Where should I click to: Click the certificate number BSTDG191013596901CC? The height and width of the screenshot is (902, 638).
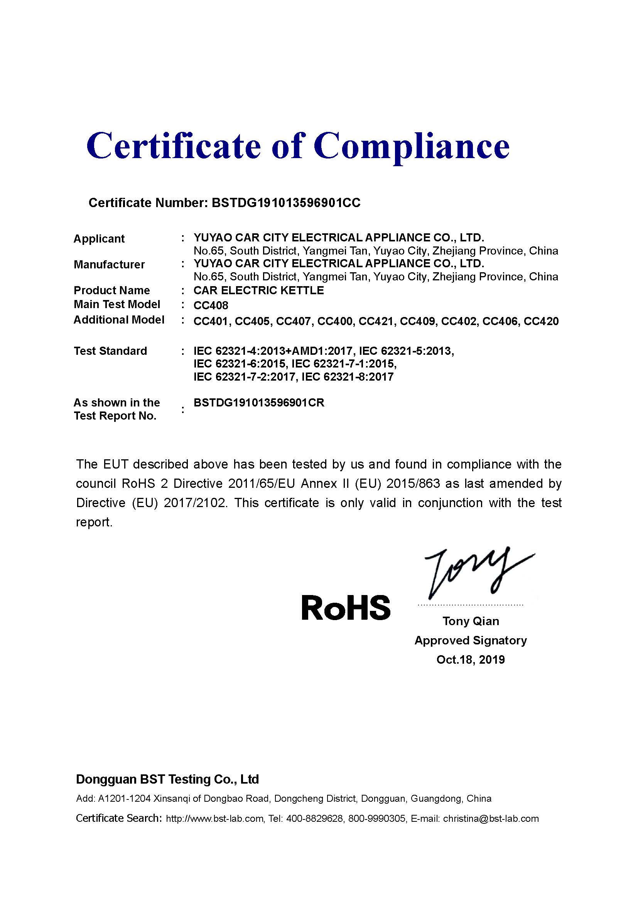tap(285, 203)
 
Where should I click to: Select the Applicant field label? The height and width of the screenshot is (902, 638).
tap(99, 238)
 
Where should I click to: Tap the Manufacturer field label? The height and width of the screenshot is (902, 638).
tap(109, 265)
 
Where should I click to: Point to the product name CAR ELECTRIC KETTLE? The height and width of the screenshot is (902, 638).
tap(258, 290)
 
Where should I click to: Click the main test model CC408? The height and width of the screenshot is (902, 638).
tap(211, 305)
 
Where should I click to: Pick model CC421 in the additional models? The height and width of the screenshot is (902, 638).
tap(376, 321)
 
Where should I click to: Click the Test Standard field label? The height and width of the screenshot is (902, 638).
tap(110, 351)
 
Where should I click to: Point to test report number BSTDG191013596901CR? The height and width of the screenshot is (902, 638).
tap(259, 403)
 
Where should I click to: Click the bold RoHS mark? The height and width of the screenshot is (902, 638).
tap(346, 607)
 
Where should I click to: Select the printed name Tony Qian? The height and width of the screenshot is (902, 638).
tap(471, 621)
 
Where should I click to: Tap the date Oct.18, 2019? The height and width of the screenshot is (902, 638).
tap(471, 659)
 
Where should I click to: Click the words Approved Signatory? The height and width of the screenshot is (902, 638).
tap(471, 641)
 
